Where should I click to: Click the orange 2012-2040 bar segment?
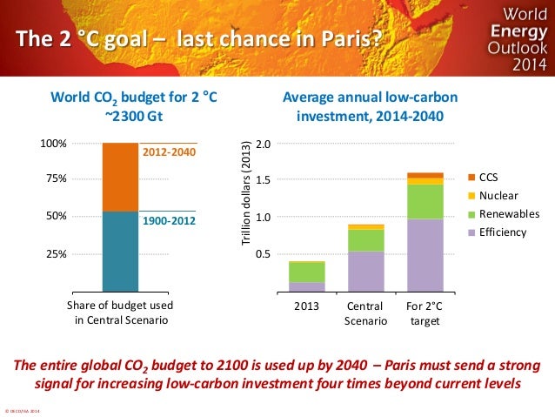click(120, 176)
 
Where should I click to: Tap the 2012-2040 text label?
click(169, 152)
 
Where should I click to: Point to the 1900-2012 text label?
click(169, 222)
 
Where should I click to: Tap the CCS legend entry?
click(490, 176)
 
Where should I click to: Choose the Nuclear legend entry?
click(497, 195)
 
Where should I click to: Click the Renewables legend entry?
click(504, 214)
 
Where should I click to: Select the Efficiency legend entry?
click(500, 232)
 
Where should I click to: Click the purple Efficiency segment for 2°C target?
click(425, 254)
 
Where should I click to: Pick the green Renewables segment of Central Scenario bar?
click(365, 239)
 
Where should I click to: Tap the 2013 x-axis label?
click(306, 306)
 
